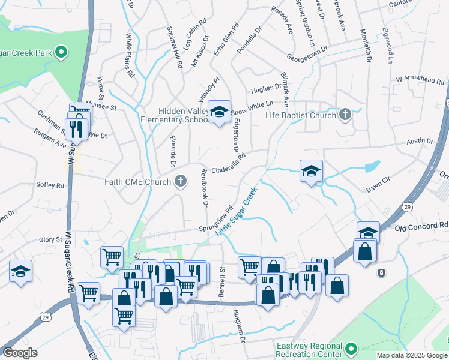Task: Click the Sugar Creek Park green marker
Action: tap(61, 52)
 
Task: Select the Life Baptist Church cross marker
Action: tap(345, 114)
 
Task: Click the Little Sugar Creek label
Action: tap(237, 213)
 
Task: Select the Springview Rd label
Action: tap(216, 221)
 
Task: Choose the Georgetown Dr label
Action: tap(307, 52)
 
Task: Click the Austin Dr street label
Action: tap(420, 142)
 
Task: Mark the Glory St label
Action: tap(50, 239)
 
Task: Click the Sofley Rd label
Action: tap(50, 185)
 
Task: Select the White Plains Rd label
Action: tap(129, 56)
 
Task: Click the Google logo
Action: tap(20, 353)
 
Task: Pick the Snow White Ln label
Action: tap(247, 107)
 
